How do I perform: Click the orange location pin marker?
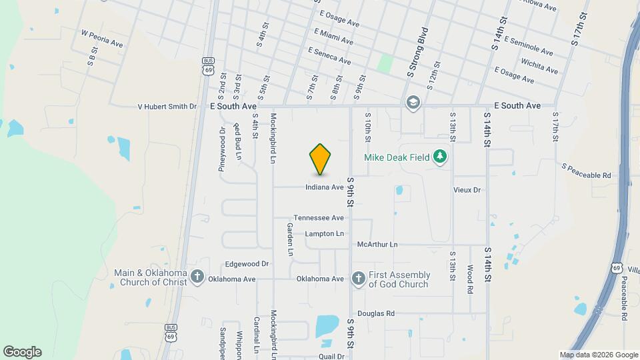[x=320, y=159]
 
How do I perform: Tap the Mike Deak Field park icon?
[x=439, y=157]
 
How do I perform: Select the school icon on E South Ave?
[x=413, y=103]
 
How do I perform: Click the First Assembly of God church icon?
[x=358, y=279]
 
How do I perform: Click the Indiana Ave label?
[x=325, y=187]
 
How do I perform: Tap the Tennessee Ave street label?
[x=319, y=218]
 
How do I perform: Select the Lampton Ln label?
[x=325, y=234]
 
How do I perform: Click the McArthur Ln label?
[x=377, y=245]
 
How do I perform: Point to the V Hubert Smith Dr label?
[x=167, y=106]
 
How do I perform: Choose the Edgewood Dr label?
[x=247, y=264]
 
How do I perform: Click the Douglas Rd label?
[x=376, y=313]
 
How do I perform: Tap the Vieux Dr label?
[x=467, y=190]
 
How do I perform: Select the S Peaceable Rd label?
[x=587, y=171]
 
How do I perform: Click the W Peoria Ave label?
[x=102, y=39]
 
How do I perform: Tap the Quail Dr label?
[x=331, y=357]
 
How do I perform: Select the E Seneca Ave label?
[x=329, y=55]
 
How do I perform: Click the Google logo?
[x=22, y=352]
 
